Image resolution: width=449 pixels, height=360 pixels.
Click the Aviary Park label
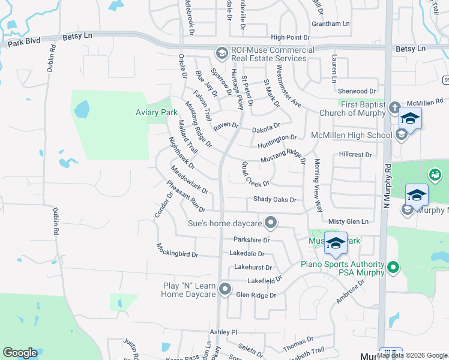(155, 112)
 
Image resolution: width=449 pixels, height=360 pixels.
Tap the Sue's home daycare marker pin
(271, 224)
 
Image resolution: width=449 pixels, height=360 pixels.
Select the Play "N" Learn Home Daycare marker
(225, 290)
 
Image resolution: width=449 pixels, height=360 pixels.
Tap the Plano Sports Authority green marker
(393, 267)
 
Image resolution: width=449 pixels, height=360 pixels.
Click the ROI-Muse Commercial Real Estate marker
(221, 53)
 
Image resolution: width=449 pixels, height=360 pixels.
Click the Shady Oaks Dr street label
(274, 200)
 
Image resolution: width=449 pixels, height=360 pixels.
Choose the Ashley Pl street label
(223, 332)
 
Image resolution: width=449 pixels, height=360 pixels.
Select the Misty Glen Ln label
(348, 221)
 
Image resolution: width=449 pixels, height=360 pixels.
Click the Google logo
(20, 353)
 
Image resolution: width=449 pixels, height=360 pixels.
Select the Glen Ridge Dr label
(256, 295)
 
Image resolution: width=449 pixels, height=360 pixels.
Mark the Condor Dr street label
(163, 205)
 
